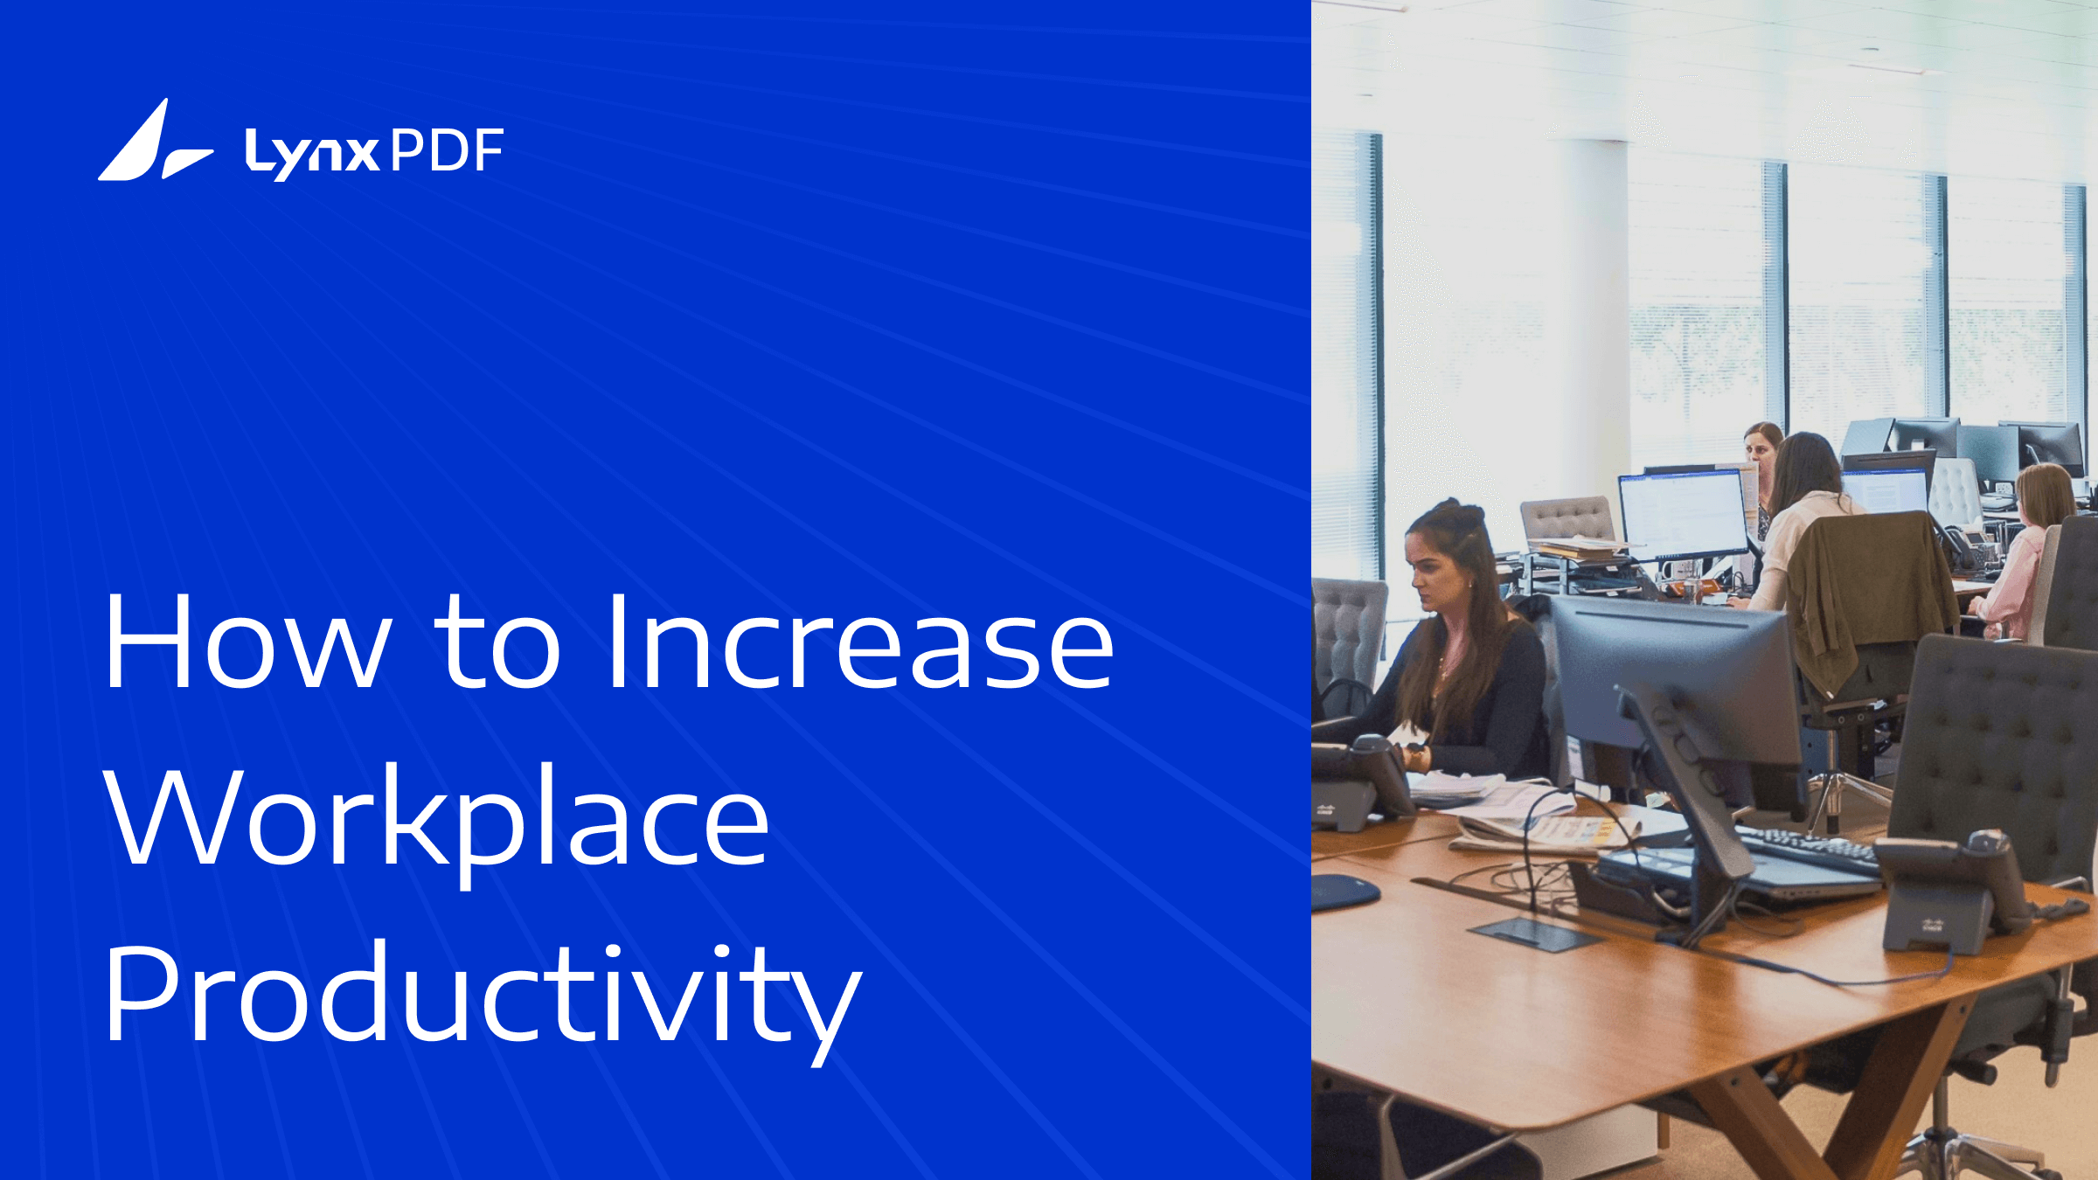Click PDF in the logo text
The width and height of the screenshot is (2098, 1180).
(447, 150)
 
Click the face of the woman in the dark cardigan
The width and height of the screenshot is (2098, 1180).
(1435, 574)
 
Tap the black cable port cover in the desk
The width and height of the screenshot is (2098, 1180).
(1534, 934)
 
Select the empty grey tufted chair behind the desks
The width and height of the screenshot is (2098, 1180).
(1568, 521)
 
